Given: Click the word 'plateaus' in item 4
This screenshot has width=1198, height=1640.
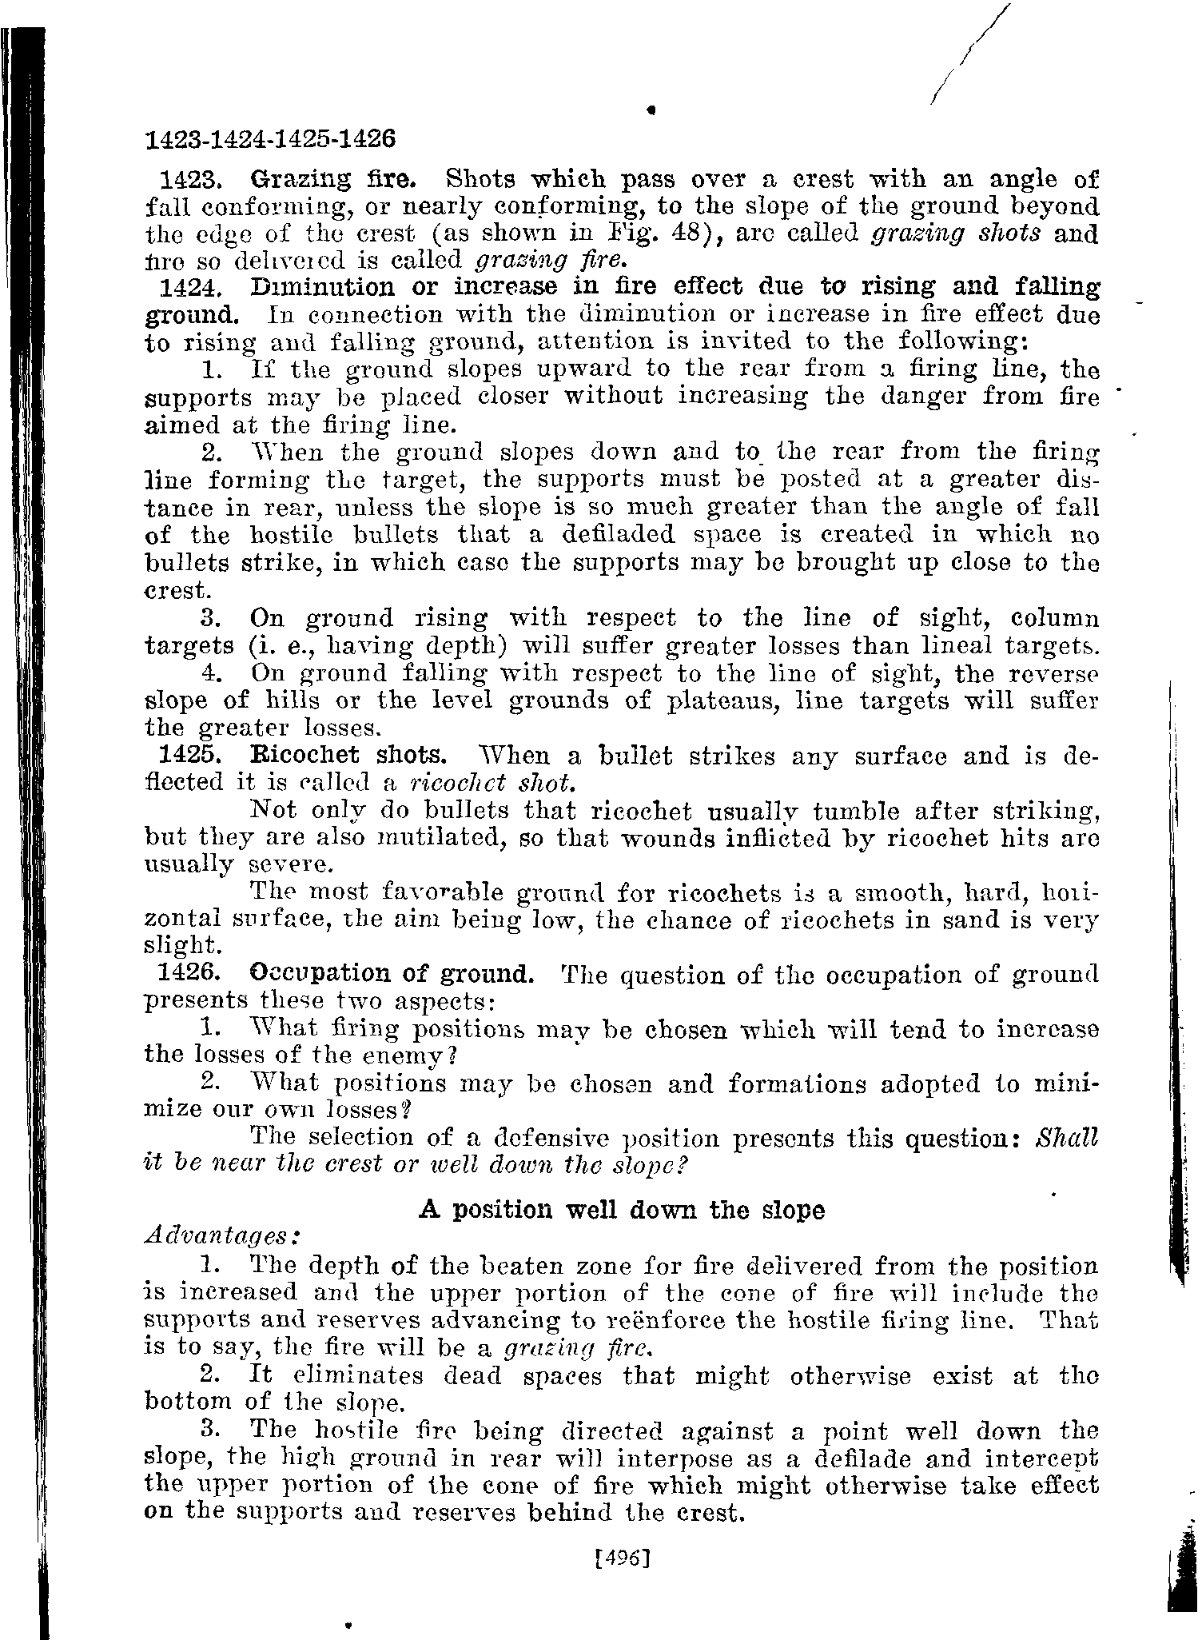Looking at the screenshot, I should point(726,700).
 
